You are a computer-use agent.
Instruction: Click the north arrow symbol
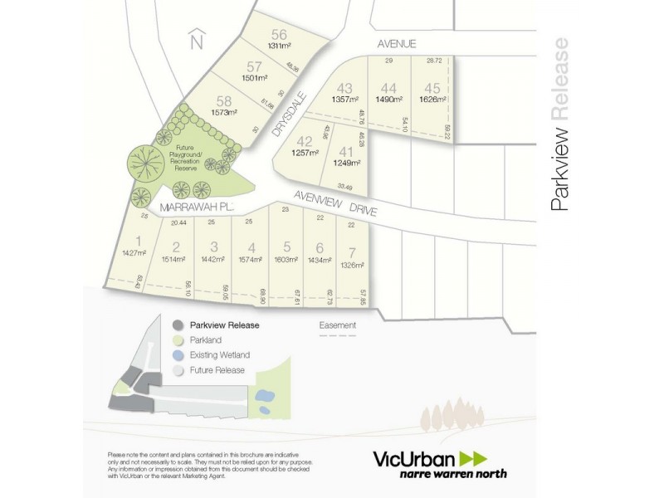tap(196, 39)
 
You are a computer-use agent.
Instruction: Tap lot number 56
tap(278, 34)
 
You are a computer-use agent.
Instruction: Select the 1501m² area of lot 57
tap(255, 78)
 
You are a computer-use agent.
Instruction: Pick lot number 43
tap(344, 88)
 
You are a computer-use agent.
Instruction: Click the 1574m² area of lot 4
tap(250, 259)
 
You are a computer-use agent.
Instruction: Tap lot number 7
tap(352, 251)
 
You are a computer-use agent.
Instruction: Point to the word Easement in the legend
tap(338, 325)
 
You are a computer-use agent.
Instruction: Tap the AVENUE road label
tap(396, 43)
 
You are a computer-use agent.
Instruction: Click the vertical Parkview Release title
tap(560, 124)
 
